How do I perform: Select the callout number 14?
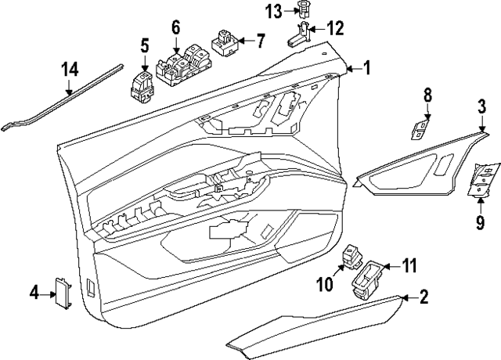[70, 70]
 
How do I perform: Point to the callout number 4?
[34, 293]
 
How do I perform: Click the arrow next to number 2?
[405, 297]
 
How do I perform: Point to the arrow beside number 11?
[389, 267]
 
